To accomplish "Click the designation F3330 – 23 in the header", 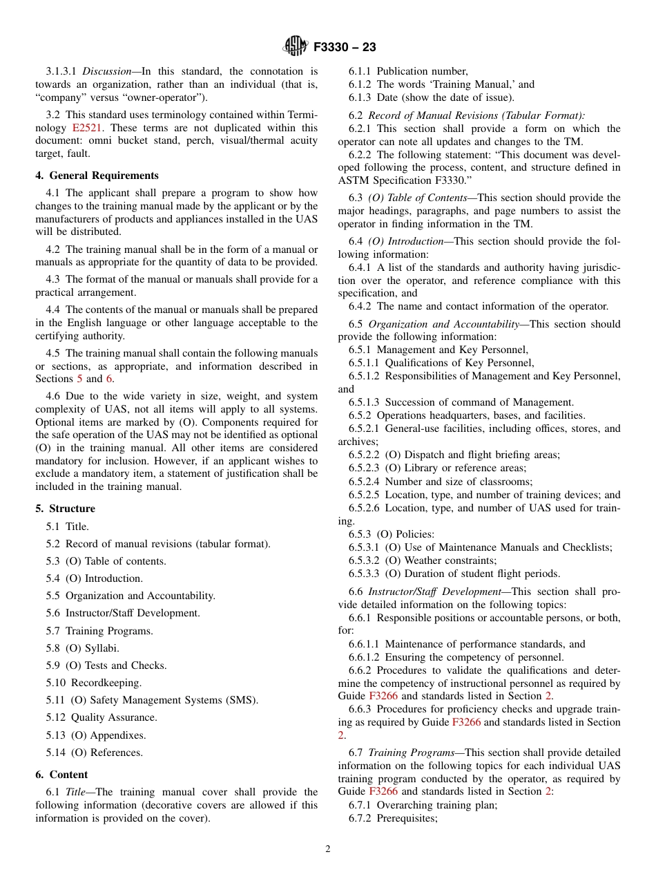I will click(345, 48).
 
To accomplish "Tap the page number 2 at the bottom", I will click(328, 849).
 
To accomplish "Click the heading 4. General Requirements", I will click(97, 176).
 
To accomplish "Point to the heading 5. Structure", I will click(65, 509).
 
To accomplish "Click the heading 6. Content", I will click(61, 775).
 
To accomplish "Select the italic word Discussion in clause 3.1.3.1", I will click(106, 71).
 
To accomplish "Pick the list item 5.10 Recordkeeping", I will click(93, 683).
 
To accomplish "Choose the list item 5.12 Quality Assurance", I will click(102, 717).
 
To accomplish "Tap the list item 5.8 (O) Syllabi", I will click(82, 648).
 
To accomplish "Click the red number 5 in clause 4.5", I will click(79, 379).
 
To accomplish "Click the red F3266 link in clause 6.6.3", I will click(466, 722).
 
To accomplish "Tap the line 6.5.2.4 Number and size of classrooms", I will click(441, 482).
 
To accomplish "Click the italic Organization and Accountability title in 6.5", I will click(443, 323).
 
